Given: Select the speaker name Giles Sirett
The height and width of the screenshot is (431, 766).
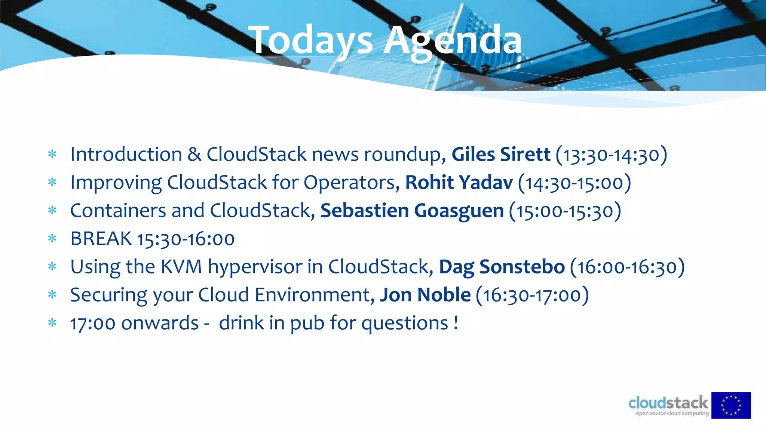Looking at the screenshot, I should (501, 155).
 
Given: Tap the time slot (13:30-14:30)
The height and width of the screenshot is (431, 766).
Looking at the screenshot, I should (612, 155).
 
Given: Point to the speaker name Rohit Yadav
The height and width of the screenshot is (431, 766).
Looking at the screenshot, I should (459, 183).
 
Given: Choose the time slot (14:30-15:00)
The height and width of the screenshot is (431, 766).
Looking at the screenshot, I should (574, 183).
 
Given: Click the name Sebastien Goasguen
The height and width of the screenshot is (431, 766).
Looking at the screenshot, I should (412, 211).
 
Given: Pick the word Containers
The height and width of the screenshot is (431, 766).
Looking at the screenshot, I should (118, 211).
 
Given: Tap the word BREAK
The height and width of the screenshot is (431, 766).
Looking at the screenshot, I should (101, 239).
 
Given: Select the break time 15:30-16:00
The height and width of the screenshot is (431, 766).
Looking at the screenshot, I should (186, 239).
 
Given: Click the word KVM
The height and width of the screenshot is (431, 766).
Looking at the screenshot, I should (181, 267).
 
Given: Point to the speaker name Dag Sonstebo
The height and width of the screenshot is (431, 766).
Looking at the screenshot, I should (502, 267).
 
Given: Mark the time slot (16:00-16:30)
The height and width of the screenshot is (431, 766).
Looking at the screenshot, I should (627, 267).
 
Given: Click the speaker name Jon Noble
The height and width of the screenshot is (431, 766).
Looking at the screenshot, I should (425, 295).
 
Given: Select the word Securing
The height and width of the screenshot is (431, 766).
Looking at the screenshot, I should (109, 295).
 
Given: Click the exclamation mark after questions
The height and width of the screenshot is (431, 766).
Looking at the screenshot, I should (456, 323).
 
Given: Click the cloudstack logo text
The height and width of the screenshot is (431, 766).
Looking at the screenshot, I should (668, 403).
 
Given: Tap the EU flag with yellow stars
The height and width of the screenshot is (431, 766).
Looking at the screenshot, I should (731, 405).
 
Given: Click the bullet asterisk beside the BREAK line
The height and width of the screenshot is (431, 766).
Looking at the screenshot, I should (52, 238).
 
